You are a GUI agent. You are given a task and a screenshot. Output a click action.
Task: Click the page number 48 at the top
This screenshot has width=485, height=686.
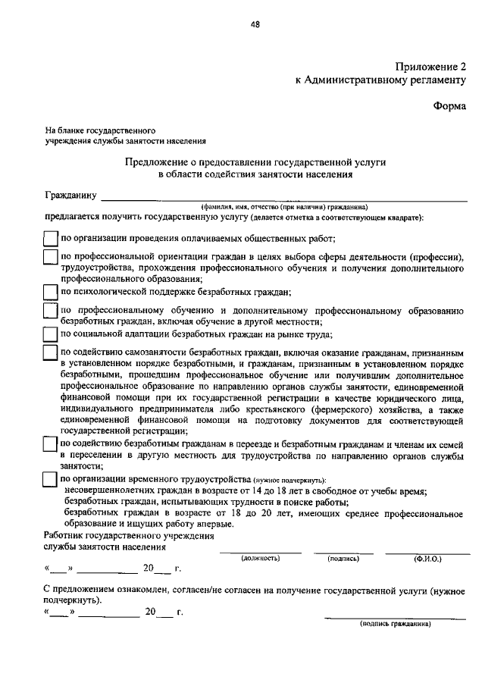tap(255, 24)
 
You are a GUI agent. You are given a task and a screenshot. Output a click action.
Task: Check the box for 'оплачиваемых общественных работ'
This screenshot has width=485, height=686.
tap(49, 238)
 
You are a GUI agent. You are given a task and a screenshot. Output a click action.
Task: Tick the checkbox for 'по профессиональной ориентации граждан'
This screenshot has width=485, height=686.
tap(49, 258)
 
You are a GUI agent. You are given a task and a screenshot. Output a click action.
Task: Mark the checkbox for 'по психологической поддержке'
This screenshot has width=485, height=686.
tap(49, 292)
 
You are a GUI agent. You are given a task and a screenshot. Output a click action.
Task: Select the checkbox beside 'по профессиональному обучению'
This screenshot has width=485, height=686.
tap(49, 312)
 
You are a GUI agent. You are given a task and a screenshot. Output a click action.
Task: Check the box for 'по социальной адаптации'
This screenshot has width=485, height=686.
tap(49, 334)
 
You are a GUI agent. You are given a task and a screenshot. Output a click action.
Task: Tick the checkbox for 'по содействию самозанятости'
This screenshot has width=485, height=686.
tap(49, 353)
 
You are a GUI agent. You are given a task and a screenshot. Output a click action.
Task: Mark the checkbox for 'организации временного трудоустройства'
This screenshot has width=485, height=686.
tap(49, 480)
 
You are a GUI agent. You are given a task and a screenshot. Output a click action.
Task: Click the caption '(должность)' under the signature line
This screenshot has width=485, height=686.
tap(261, 558)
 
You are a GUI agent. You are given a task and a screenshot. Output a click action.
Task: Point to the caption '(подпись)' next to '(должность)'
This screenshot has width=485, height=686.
tap(343, 558)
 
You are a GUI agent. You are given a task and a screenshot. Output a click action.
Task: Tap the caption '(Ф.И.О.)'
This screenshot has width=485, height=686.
tap(427, 558)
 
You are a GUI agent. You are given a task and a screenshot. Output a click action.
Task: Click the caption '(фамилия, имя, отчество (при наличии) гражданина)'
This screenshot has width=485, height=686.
tap(284, 206)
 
